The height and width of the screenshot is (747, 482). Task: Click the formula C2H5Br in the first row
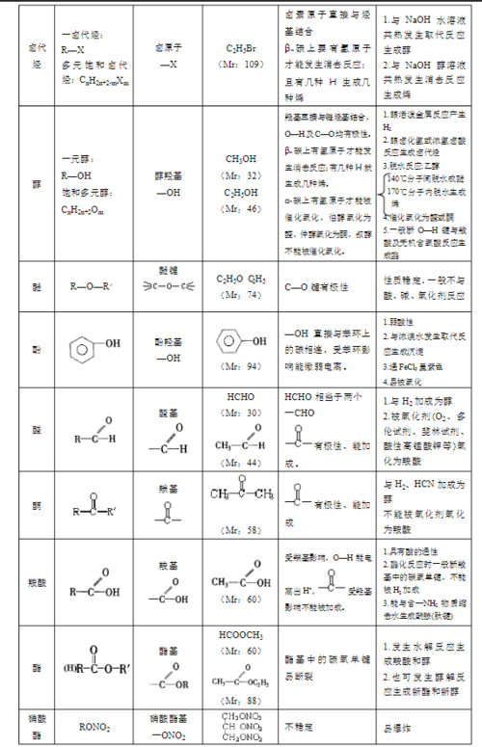pyautogui.click(x=242, y=47)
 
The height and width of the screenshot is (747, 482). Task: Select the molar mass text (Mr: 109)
pyautogui.click(x=242, y=65)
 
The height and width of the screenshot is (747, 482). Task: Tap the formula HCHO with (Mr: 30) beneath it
pyautogui.click(x=241, y=396)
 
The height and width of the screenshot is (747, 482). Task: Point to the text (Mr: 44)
pyautogui.click(x=241, y=463)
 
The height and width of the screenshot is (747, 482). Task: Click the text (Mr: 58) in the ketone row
pyautogui.click(x=241, y=529)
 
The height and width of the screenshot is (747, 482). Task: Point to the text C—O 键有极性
pyautogui.click(x=317, y=286)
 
